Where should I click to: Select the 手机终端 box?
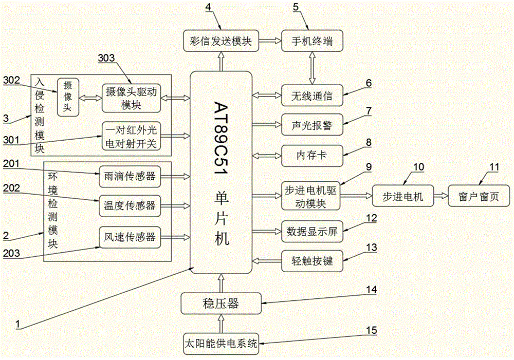pos(311,41)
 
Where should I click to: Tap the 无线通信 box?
pos(311,95)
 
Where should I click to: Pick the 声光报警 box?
pos(311,124)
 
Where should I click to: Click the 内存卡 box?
pos(311,155)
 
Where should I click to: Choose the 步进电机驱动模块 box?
pos(311,196)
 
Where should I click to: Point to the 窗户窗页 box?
pos(480,196)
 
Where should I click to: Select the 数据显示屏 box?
pos(311,231)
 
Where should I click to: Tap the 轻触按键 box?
pos(311,261)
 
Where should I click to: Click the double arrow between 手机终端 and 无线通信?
pos(311,68)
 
